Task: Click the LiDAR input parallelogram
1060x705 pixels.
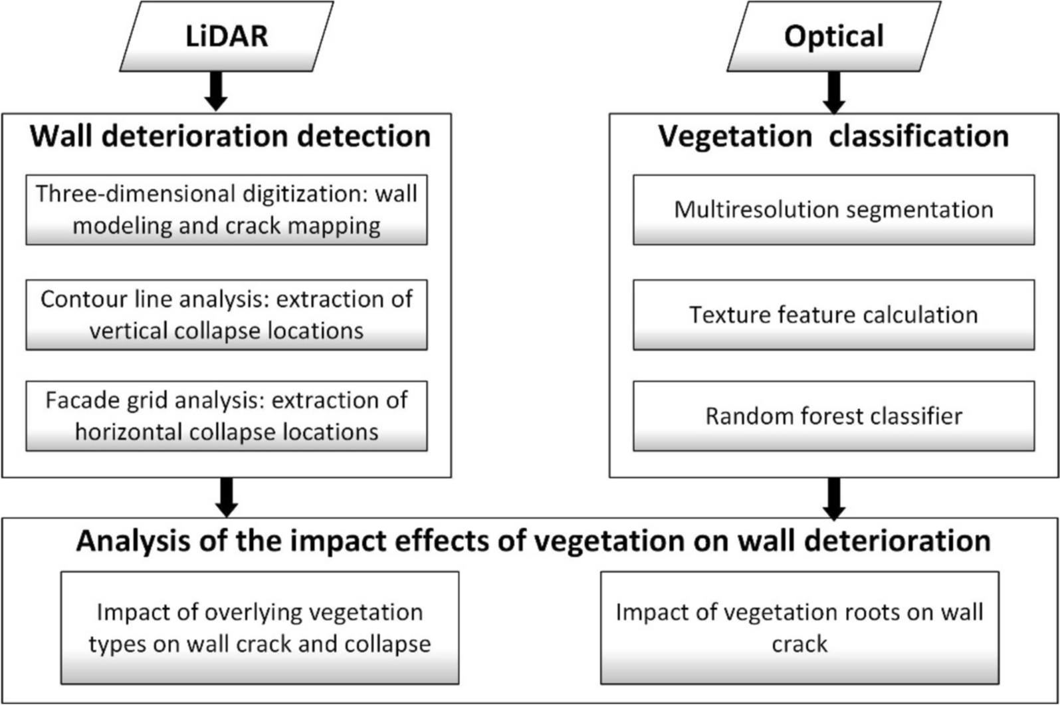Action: (x=227, y=36)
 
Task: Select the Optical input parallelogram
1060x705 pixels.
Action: (x=833, y=36)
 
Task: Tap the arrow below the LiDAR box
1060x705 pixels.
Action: (x=216, y=92)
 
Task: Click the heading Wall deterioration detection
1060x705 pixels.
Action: (x=230, y=136)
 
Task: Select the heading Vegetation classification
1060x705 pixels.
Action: (x=833, y=136)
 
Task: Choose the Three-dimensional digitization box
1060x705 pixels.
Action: (x=227, y=210)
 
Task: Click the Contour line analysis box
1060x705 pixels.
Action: (x=227, y=315)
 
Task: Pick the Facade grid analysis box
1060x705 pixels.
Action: (x=227, y=416)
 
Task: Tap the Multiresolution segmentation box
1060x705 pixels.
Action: (x=833, y=210)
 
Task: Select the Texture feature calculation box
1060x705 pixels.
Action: (x=833, y=315)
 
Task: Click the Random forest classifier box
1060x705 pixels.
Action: (x=833, y=416)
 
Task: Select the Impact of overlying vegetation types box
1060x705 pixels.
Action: (x=260, y=627)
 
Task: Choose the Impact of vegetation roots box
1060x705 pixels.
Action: (x=799, y=627)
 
